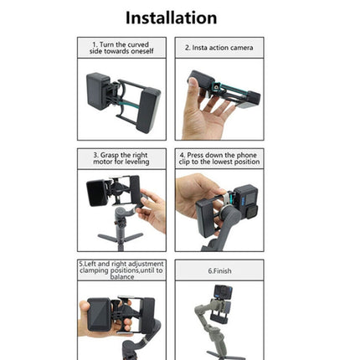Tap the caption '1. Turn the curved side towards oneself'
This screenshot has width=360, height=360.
coord(122,47)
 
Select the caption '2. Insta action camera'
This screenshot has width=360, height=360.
coord(219,48)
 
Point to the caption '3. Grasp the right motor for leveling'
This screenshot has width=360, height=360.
coord(122,158)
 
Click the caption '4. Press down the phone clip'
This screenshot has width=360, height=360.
coord(219,158)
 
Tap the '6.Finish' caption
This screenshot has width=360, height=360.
coord(219,271)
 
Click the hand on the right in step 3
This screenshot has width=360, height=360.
coord(152,209)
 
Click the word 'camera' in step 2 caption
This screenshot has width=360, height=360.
coord(242,48)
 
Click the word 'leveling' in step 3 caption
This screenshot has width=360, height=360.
coord(138,162)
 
